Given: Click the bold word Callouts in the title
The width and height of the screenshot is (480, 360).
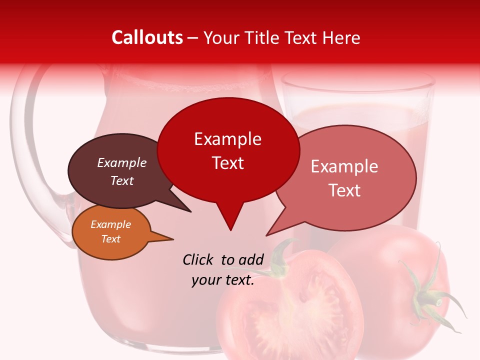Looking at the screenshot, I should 147,37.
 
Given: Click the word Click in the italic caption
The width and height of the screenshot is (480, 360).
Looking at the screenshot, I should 198,259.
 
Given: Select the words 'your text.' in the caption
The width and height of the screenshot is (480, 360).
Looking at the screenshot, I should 223,280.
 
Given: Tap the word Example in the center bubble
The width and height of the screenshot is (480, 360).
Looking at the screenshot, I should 227,139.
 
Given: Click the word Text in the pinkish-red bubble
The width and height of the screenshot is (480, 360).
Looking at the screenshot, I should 345,190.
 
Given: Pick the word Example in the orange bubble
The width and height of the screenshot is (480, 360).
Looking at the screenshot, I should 110,224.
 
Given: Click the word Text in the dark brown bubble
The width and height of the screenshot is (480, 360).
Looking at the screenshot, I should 121,180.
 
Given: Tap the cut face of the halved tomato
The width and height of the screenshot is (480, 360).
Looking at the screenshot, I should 290,310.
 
